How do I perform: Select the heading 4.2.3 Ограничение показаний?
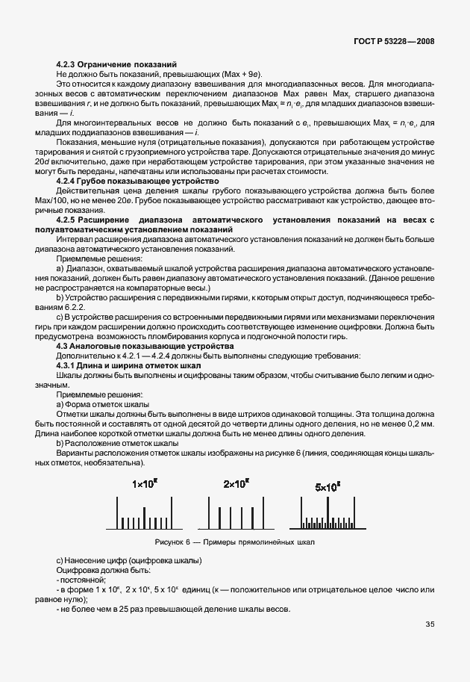pos(117,66)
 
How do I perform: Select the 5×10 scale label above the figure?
pos(328,486)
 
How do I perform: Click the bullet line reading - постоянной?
pos(82,579)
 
